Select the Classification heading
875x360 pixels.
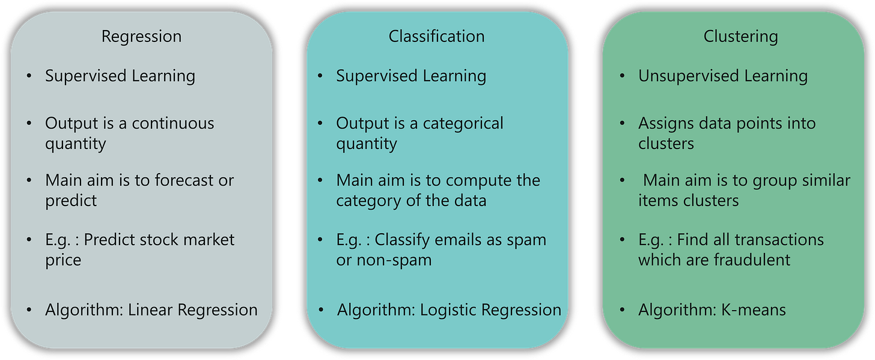[436, 36]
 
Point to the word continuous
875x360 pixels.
[173, 123]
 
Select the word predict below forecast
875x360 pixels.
[71, 201]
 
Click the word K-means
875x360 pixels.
[753, 310]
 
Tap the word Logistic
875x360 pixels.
[448, 310]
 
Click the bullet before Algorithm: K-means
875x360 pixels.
[622, 310]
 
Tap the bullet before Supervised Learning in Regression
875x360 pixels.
[29, 76]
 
